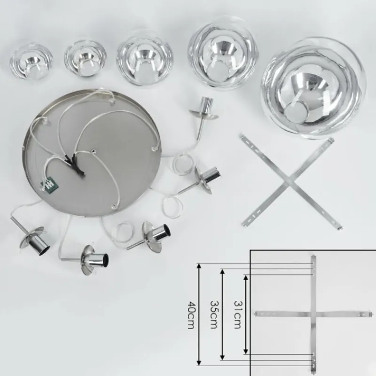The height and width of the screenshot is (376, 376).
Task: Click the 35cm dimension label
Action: click(x=214, y=314)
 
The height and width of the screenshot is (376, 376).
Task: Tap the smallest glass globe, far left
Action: click(x=31, y=62)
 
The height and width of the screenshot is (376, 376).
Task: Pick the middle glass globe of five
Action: click(x=144, y=58)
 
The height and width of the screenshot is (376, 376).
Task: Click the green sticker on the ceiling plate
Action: click(x=50, y=184)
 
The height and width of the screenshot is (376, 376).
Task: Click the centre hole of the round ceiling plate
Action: click(x=93, y=151)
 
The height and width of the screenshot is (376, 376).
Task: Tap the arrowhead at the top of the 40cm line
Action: click(x=199, y=266)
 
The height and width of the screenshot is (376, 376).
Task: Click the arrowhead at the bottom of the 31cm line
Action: click(x=246, y=351)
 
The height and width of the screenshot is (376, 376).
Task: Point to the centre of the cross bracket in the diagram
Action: click(x=313, y=313)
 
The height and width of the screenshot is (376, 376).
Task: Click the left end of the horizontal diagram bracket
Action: click(x=255, y=313)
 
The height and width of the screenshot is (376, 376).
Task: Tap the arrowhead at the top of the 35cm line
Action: click(x=222, y=272)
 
